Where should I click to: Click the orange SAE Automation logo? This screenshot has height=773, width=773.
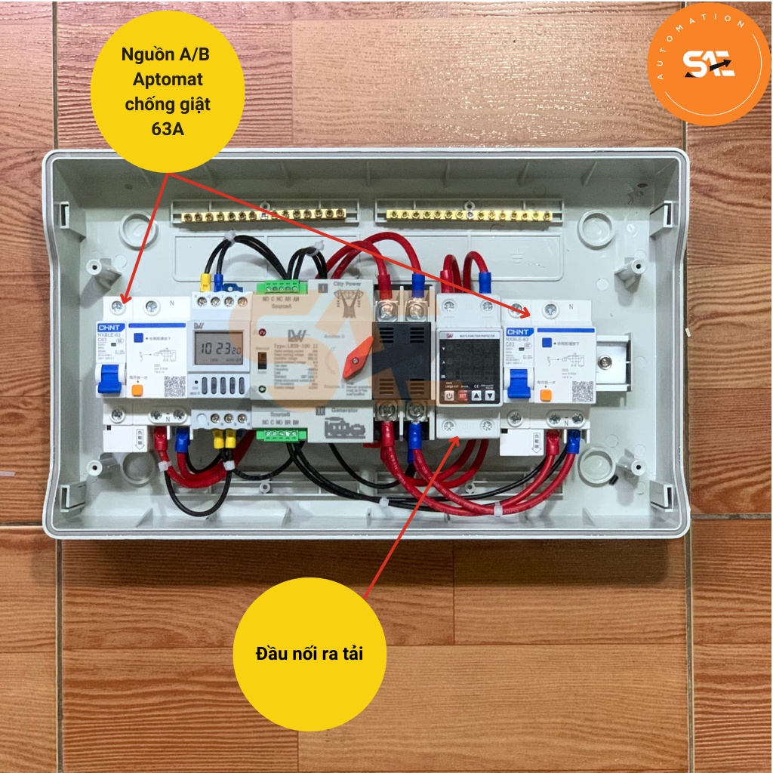[708, 64]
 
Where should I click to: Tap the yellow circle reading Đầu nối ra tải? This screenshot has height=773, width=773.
[310, 654]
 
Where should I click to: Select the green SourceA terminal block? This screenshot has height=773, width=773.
[281, 286]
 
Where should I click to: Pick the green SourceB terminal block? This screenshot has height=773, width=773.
[281, 435]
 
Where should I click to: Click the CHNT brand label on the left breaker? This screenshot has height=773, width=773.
[109, 328]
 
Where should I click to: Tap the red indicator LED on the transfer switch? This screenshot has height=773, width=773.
[261, 332]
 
